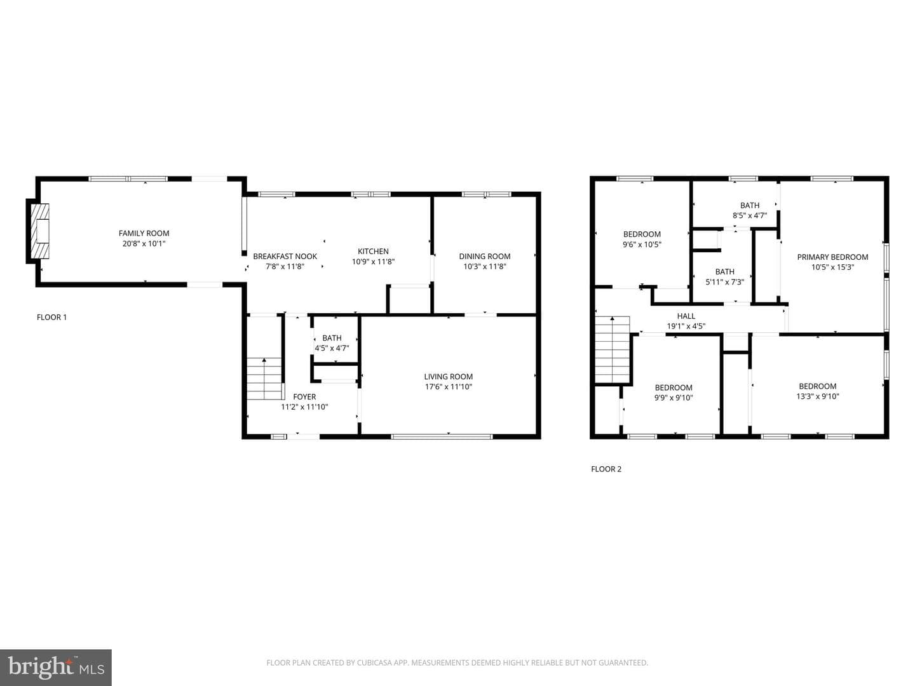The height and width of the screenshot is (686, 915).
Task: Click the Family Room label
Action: [144, 233]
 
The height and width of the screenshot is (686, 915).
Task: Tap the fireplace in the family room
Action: [42, 231]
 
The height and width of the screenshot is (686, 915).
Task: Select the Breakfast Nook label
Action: [285, 256]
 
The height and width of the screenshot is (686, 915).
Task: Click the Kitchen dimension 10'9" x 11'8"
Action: [373, 262]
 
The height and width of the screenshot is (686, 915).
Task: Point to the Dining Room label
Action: [485, 256]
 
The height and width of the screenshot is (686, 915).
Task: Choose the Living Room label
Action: [449, 377]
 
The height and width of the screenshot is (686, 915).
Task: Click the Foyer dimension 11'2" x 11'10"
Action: [304, 407]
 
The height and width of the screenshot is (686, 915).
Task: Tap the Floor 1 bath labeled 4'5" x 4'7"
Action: [335, 339]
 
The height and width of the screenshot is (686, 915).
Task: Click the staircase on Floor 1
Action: [264, 379]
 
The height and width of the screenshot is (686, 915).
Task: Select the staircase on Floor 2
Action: [612, 349]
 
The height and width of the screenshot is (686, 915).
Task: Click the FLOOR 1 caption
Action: [51, 318]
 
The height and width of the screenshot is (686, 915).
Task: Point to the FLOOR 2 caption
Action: [606, 469]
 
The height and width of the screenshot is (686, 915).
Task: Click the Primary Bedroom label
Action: [832, 257]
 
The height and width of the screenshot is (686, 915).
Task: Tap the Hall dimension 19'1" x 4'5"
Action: [686, 326]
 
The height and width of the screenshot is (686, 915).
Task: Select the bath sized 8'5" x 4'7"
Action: [735, 205]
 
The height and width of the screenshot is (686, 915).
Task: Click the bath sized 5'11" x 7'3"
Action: [724, 276]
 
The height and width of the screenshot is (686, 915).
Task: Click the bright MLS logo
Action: [56, 667]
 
